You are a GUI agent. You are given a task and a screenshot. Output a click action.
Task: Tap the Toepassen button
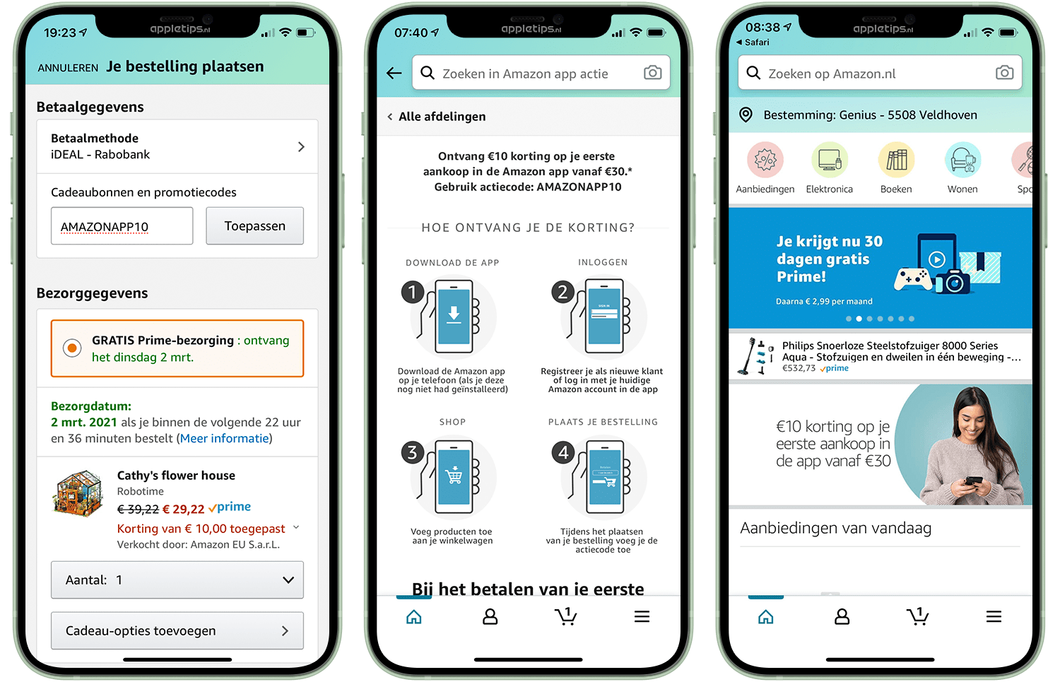[254, 225]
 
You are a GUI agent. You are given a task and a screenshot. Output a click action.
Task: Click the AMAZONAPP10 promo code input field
[122, 225]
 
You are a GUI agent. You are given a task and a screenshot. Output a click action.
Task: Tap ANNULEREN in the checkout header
[68, 68]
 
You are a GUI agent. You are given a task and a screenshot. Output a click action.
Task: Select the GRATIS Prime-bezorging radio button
[72, 348]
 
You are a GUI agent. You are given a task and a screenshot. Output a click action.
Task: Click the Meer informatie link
[224, 438]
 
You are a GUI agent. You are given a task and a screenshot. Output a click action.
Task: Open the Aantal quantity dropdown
[177, 580]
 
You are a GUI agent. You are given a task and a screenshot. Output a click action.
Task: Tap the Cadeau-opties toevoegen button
[177, 630]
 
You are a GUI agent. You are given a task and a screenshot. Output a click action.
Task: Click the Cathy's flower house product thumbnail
[78, 493]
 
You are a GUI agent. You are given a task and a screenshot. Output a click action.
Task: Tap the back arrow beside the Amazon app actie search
[394, 73]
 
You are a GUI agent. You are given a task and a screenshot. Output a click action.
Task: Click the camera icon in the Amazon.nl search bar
[1004, 72]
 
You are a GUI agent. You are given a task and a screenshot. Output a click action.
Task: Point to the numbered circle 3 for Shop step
[413, 452]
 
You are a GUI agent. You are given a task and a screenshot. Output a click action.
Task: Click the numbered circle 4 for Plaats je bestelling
[563, 452]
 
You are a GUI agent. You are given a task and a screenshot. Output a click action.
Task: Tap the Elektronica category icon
[830, 160]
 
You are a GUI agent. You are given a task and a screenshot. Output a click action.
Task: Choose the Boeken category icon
[896, 160]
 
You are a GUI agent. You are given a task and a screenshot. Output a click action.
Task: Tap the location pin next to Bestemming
[746, 115]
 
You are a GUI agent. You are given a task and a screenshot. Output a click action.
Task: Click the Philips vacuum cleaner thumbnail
[755, 356]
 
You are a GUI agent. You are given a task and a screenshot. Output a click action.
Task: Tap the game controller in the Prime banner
[912, 279]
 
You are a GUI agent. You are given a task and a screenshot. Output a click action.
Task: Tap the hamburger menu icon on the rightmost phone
[994, 616]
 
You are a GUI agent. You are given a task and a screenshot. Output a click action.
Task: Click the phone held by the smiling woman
[974, 481]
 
